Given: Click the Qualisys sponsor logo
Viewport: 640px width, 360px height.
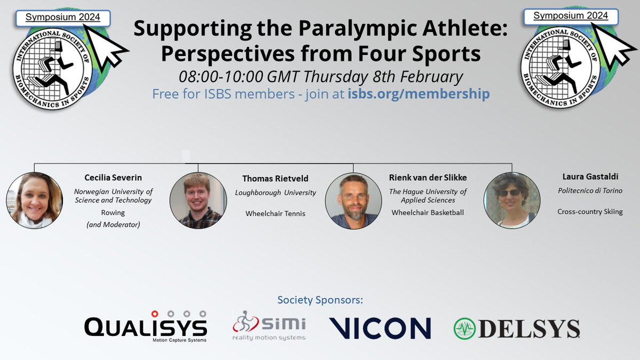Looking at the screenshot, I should click(146, 326).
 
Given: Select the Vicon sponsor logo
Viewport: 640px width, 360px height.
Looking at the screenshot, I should click(380, 327).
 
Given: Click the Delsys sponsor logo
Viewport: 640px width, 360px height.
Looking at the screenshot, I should click(516, 327).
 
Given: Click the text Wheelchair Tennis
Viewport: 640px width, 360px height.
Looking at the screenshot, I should click(276, 213).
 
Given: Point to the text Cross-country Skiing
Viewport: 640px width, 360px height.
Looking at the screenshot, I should click(590, 212).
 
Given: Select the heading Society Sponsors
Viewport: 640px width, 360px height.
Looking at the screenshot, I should click(320, 300).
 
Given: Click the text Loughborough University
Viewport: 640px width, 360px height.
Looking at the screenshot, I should click(276, 193).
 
